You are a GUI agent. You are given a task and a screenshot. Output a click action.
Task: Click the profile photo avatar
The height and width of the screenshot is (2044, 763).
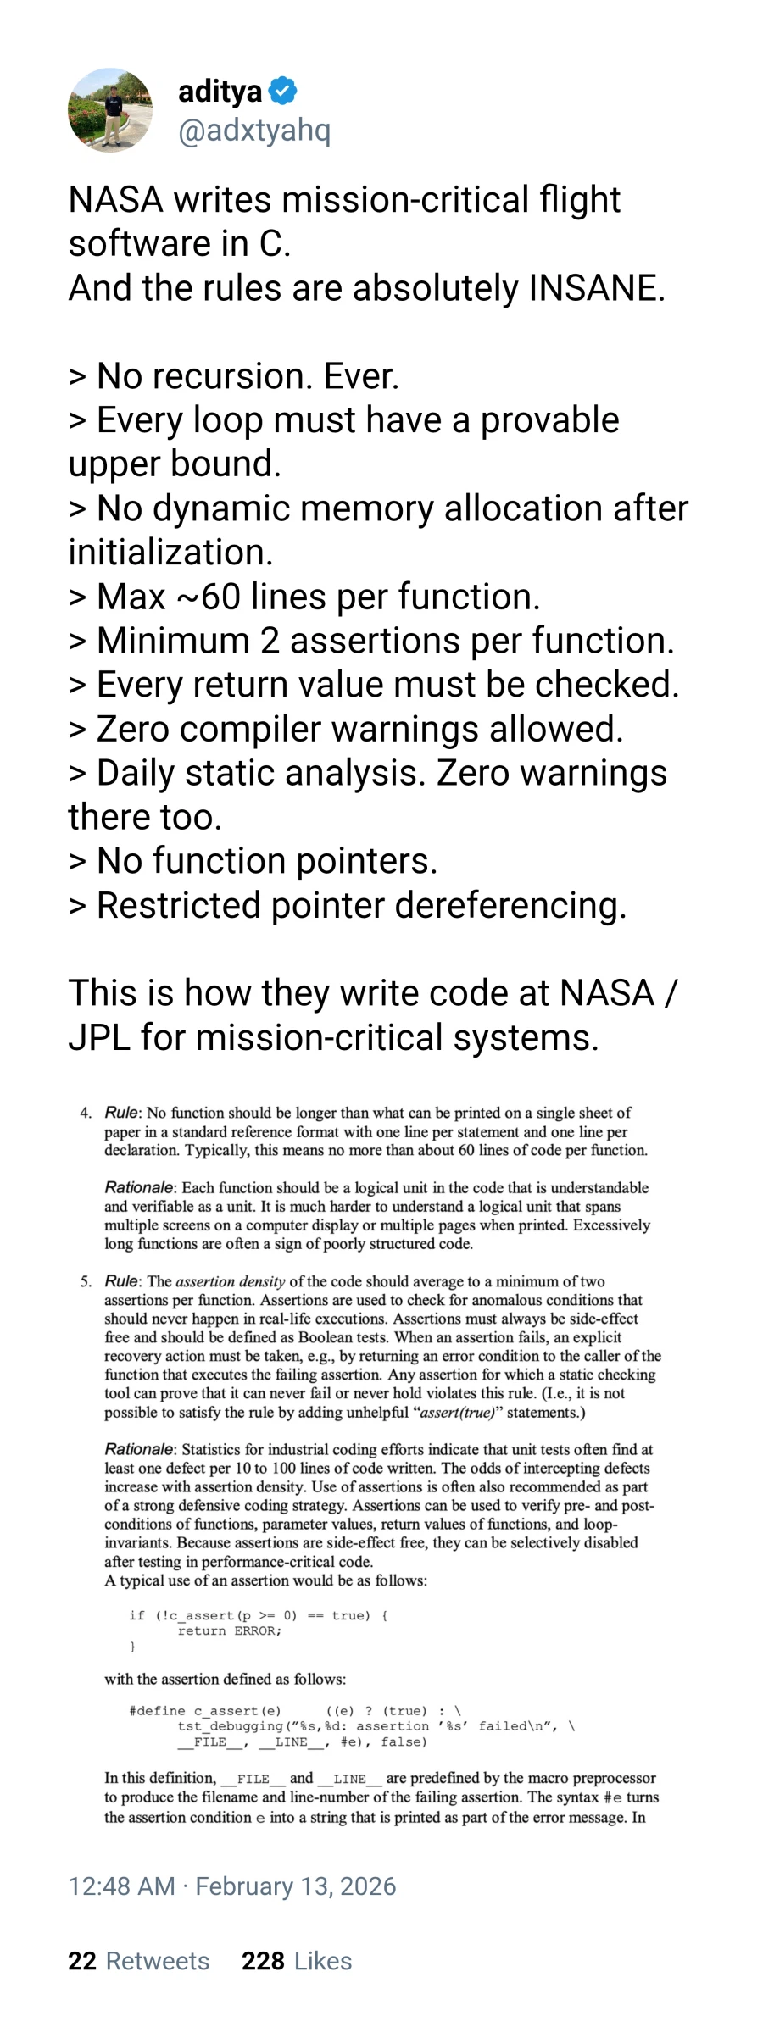110,110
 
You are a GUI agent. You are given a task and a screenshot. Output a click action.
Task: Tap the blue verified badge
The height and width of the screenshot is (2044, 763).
282,91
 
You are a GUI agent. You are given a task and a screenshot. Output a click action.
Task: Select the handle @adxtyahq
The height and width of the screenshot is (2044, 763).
254,131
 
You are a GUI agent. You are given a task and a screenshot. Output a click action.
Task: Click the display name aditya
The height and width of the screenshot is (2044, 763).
220,91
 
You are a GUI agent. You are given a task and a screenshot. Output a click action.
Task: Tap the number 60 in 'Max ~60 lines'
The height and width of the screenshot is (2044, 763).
220,597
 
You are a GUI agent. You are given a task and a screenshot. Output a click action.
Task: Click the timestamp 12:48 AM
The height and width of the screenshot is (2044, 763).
121,1886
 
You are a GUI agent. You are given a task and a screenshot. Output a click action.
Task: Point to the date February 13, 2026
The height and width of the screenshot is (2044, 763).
296,1886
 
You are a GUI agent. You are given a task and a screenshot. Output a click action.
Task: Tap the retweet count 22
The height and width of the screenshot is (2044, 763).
82,1961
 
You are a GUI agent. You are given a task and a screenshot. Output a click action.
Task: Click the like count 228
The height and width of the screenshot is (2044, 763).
263,1961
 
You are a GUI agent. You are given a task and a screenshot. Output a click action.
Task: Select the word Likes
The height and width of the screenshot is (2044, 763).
323,1961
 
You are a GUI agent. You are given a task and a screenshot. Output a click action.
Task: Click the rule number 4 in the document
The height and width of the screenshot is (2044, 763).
86,1113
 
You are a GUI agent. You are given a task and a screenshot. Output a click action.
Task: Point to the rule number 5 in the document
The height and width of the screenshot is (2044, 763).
86,1281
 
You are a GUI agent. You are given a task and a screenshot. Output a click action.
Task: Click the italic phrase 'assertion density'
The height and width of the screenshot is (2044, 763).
230,1281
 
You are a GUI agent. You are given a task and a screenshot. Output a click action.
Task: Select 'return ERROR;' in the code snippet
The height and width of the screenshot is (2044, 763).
229,1630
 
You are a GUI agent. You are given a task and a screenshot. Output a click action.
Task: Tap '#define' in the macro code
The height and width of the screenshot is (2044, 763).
157,1710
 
